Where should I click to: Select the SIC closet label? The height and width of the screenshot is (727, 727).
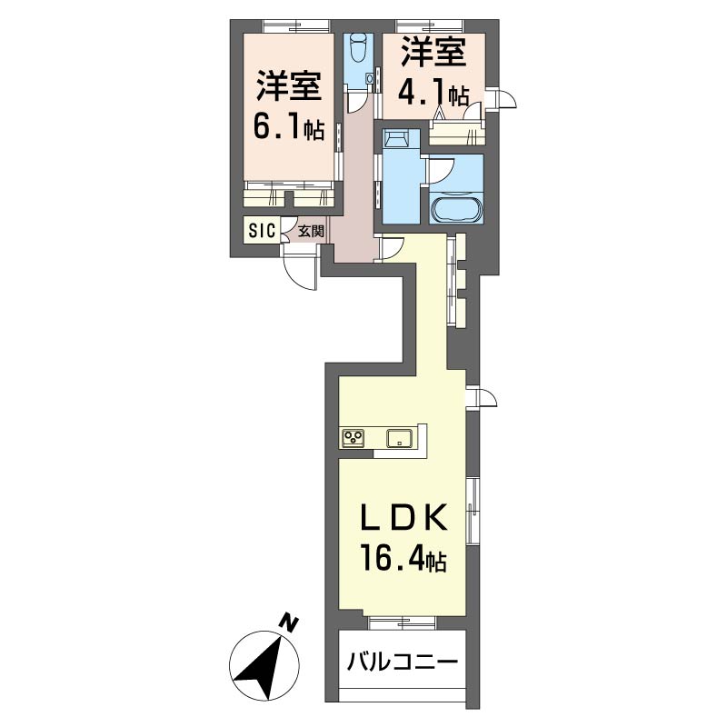click(260, 231)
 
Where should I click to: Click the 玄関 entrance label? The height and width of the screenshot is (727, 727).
click(311, 232)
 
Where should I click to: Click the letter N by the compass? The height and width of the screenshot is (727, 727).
click(289, 623)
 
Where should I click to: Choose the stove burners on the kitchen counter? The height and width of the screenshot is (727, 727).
click(354, 438)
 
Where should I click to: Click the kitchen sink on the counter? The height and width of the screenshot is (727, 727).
click(401, 438)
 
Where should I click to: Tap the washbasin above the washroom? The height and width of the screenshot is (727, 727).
click(396, 138)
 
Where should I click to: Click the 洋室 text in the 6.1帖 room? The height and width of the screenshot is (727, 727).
click(288, 87)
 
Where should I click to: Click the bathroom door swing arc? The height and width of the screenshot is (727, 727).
click(441, 171)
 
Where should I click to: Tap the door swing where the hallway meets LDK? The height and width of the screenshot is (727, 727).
click(392, 246)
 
